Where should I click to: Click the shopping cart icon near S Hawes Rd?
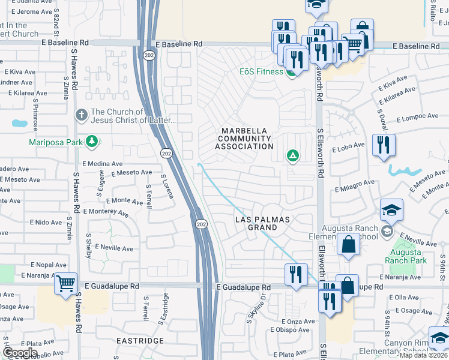65,283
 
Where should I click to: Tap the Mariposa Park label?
55,142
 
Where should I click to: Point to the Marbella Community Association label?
246,139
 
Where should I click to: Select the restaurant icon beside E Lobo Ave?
382,145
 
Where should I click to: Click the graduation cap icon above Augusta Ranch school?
391,210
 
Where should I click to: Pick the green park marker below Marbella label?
292,157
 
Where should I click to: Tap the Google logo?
19,353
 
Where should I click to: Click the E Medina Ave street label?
103,163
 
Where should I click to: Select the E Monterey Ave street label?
106,212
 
